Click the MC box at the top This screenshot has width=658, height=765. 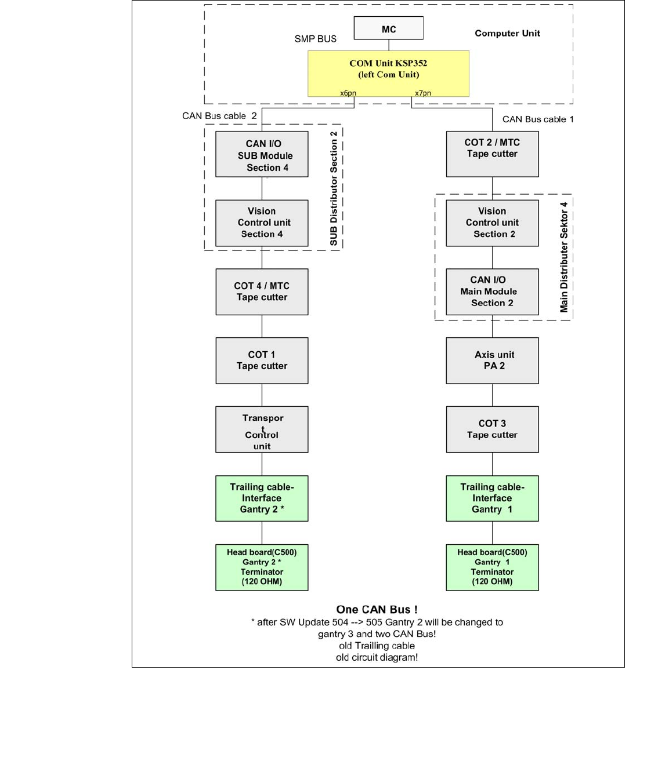(x=388, y=28)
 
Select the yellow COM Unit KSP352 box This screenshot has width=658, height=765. (x=388, y=73)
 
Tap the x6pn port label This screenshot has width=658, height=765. (x=348, y=93)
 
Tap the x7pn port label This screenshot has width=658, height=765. (x=423, y=93)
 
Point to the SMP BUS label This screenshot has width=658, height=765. (x=315, y=39)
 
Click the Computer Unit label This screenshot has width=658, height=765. (x=507, y=34)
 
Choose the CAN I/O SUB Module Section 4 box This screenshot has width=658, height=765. (x=262, y=154)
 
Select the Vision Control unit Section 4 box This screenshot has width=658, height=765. (x=262, y=223)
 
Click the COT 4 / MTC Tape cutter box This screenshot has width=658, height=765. (x=262, y=292)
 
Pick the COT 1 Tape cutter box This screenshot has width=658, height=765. (x=262, y=360)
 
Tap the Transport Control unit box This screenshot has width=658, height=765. (x=262, y=429)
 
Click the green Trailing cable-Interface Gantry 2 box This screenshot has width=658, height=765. (x=262, y=498)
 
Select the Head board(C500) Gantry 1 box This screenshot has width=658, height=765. (x=492, y=567)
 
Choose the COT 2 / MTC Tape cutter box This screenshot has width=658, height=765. (x=492, y=154)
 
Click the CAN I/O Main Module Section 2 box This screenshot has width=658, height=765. (x=492, y=292)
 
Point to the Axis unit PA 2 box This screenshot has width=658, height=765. (x=492, y=360)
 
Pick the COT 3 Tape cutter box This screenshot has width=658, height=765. (x=492, y=429)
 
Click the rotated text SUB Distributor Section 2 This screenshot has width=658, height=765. (x=334, y=188)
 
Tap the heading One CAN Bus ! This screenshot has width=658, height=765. (x=377, y=610)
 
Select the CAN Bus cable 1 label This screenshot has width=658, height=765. (x=538, y=119)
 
